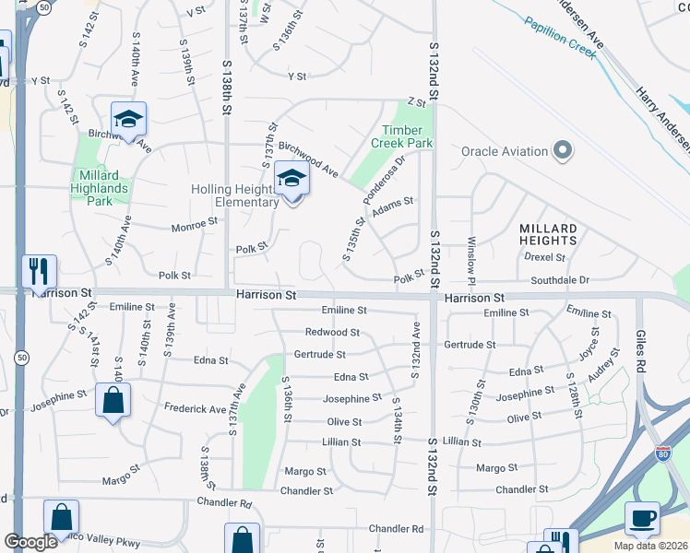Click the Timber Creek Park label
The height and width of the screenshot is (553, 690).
coord(401,137)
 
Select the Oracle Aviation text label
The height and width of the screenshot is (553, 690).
coord(504,151)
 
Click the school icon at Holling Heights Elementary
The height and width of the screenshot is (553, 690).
coord(291,180)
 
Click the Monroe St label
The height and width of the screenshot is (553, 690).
coord(195,222)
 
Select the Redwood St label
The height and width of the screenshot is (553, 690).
coord(332,332)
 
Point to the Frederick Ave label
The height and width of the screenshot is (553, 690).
coord(195,408)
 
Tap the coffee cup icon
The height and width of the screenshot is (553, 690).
coord(642,519)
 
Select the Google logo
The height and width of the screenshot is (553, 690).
coord(30,542)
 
